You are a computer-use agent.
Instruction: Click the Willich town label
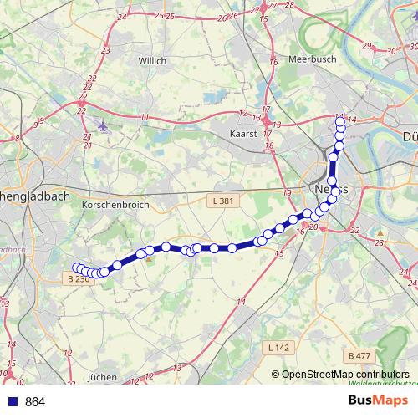pos(153,61)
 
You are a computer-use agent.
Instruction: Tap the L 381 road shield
pos(220,201)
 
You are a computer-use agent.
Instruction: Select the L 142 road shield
pos(278,347)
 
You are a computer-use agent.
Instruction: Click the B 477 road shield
pos(358,356)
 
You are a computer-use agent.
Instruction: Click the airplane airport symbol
pos(103,127)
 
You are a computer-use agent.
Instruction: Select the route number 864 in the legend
pos(36,402)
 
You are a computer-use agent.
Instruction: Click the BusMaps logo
pos(377,401)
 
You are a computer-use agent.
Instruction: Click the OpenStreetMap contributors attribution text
pos(345,375)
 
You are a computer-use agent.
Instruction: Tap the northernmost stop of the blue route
pos(340,122)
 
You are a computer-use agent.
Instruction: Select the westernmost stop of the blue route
pos(77,268)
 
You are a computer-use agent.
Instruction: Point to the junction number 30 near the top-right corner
pos(390,51)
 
